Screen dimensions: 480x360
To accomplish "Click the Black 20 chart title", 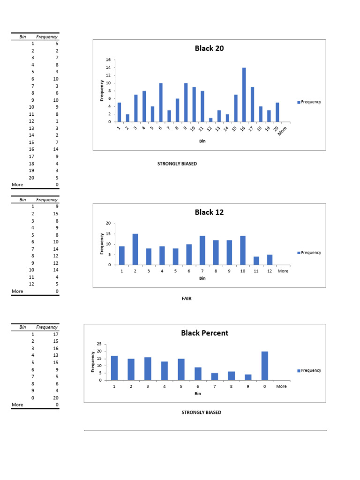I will click(209, 48).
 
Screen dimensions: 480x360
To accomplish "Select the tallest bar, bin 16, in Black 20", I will click(244, 95).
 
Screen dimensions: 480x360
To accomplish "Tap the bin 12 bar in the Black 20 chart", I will click(210, 120).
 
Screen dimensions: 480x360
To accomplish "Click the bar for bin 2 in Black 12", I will click(135, 249).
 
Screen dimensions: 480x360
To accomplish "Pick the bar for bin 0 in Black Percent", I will click(264, 366).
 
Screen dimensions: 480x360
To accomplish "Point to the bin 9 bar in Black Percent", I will click(247, 377).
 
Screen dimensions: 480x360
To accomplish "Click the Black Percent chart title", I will click(205, 333).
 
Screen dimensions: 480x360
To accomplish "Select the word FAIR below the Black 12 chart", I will click(187, 299).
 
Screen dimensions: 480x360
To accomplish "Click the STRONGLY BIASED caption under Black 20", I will click(177, 164).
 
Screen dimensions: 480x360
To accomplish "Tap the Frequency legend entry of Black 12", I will click(310, 253).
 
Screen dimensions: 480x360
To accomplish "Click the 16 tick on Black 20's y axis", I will click(108, 60).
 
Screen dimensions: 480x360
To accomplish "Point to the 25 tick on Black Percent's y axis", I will click(98, 344).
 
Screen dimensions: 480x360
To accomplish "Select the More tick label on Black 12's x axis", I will click(283, 271).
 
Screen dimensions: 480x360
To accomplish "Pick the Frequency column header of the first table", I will click(47, 37).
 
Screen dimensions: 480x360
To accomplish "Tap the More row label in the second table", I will click(17, 291).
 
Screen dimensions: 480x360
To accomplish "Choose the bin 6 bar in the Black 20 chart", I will click(161, 103).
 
